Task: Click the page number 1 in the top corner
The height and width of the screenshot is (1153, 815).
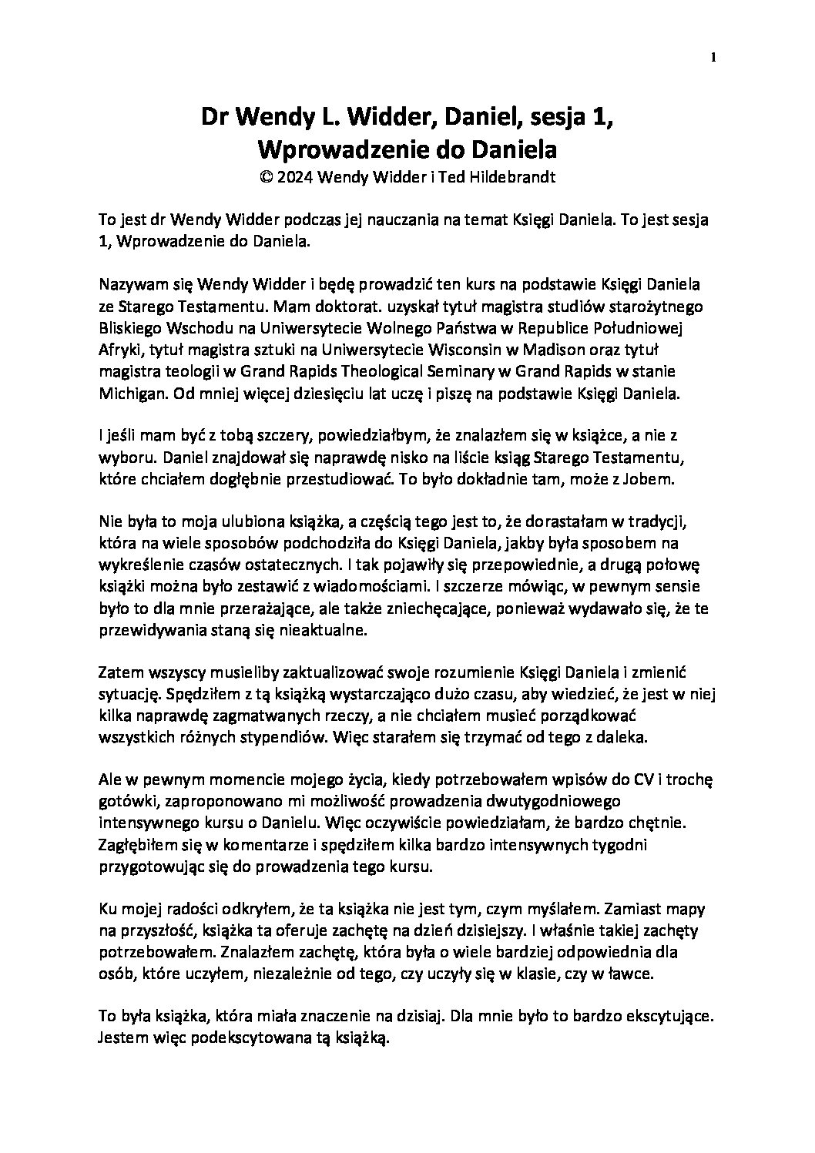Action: pos(715,58)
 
